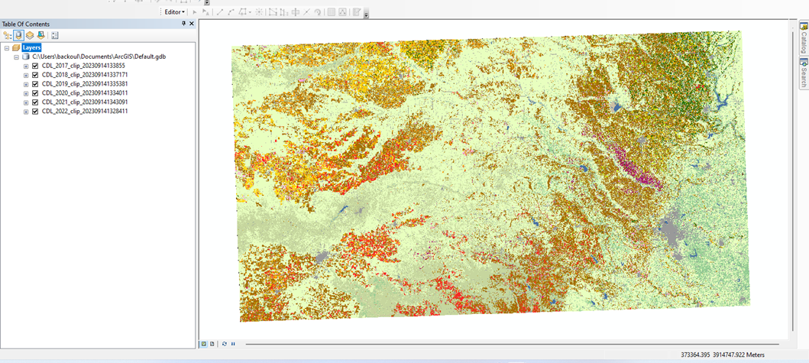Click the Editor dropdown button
pos(175,12)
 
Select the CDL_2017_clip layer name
pos(83,66)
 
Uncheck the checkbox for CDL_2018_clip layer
pos(35,75)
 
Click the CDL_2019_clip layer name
pos(84,84)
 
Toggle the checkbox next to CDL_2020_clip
pos(35,93)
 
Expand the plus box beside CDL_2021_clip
pos(26,102)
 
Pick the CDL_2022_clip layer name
pos(84,112)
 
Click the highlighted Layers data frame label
pos(31,47)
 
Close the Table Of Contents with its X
pos(191,24)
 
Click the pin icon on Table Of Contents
pos(183,24)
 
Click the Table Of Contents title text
pos(26,24)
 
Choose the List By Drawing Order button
pos(8,35)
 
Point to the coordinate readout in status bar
pos(723,355)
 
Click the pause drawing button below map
pos(233,344)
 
